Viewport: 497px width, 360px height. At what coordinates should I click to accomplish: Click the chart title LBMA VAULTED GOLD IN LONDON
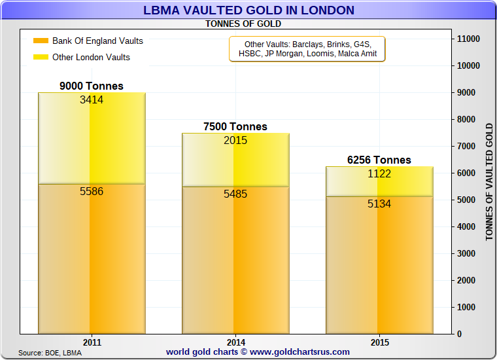point(248,10)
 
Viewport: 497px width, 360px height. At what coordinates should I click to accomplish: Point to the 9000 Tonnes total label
point(92,86)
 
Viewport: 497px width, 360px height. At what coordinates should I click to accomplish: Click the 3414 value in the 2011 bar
point(92,100)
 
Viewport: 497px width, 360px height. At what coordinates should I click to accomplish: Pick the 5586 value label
point(92,192)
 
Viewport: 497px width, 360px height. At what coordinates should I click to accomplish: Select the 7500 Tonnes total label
point(235,127)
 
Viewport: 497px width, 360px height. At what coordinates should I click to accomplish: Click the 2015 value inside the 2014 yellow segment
point(235,140)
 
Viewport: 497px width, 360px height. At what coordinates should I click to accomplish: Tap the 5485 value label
point(235,194)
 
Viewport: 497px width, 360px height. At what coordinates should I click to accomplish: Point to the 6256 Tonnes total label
point(379,160)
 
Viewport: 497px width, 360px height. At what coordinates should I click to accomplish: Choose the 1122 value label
point(379,173)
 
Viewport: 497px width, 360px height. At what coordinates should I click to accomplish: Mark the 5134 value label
point(379,204)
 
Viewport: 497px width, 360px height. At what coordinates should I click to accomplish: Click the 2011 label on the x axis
point(92,342)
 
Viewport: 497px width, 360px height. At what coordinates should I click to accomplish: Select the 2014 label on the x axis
point(235,342)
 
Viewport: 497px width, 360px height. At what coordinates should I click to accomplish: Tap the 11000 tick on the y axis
point(468,39)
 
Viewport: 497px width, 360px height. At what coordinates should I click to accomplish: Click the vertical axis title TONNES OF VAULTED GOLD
point(489,181)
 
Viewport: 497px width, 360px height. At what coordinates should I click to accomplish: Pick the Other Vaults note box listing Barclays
point(307,49)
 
